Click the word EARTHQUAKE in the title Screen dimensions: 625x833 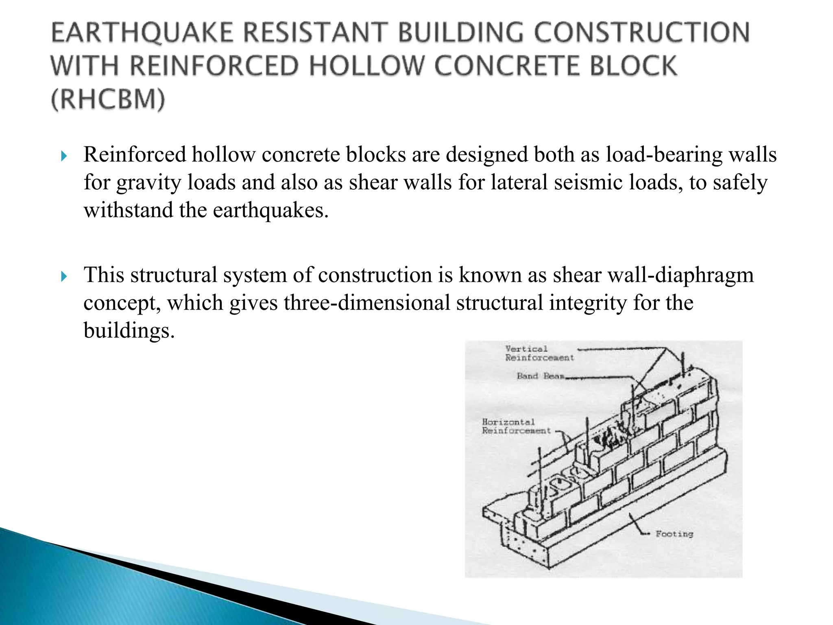[x=142, y=33]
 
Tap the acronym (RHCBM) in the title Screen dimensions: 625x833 [x=108, y=99]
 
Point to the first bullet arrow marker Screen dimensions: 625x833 [x=63, y=156]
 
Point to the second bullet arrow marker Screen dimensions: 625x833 [x=63, y=277]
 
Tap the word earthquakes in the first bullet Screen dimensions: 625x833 [x=270, y=210]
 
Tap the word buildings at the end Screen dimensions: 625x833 [x=129, y=330]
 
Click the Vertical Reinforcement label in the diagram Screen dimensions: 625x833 [x=539, y=353]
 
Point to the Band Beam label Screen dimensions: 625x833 [x=540, y=376]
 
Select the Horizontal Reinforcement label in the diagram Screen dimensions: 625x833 [x=516, y=426]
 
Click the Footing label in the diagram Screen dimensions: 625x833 [x=674, y=534]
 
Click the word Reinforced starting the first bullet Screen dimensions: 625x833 [x=135, y=155]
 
